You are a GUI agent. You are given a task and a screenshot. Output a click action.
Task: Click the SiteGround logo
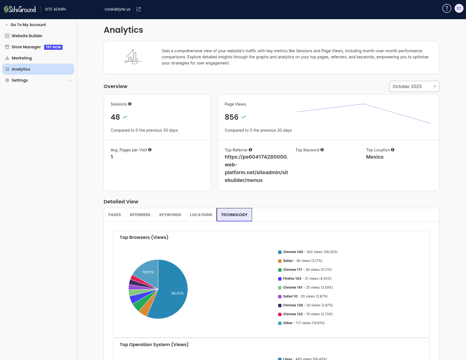[x=20, y=9]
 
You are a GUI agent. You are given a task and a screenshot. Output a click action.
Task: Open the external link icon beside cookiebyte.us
[x=139, y=9]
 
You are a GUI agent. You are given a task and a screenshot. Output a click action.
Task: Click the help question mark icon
[x=447, y=9]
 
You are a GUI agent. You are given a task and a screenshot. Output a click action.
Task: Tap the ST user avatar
[x=459, y=9]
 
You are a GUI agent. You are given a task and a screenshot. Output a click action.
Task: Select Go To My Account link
[x=28, y=25]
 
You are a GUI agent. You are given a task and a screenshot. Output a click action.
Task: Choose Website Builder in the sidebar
[x=27, y=36]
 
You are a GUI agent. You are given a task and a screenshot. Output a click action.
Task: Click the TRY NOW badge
[x=53, y=47]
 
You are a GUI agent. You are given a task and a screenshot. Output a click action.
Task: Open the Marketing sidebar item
[x=22, y=58]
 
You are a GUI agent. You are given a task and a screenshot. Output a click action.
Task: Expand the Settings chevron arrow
[x=70, y=80]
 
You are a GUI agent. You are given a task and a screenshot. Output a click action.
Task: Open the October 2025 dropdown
[x=414, y=86]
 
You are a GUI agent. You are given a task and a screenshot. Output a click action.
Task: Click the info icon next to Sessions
[x=130, y=104]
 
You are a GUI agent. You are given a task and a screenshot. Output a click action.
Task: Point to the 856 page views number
[x=231, y=117]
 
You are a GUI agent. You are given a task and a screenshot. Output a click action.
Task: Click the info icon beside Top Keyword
[x=322, y=150]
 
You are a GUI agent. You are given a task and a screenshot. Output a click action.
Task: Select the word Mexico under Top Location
[x=375, y=157]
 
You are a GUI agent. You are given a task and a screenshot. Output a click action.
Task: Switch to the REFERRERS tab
[x=140, y=215]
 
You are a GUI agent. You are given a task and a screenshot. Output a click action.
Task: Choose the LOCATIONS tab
[x=201, y=215]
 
